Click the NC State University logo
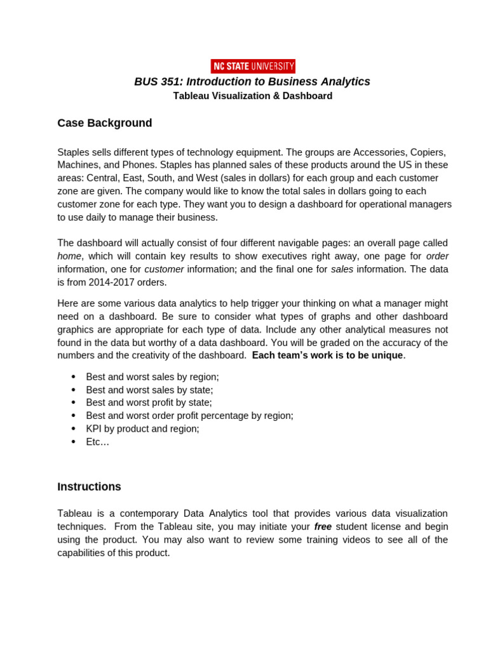point(253,66)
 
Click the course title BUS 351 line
point(252,82)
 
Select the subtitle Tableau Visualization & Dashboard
point(253,96)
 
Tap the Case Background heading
point(105,123)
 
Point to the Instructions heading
point(89,487)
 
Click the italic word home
point(69,256)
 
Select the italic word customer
point(164,269)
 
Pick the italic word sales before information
point(342,269)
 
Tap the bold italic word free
point(323,527)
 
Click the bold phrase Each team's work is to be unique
point(327,355)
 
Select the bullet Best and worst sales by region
point(152,377)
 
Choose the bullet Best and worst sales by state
point(149,390)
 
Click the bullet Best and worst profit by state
point(149,402)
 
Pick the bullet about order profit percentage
point(189,416)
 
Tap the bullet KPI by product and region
point(142,428)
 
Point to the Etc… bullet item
point(98,442)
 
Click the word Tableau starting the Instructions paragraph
point(74,514)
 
